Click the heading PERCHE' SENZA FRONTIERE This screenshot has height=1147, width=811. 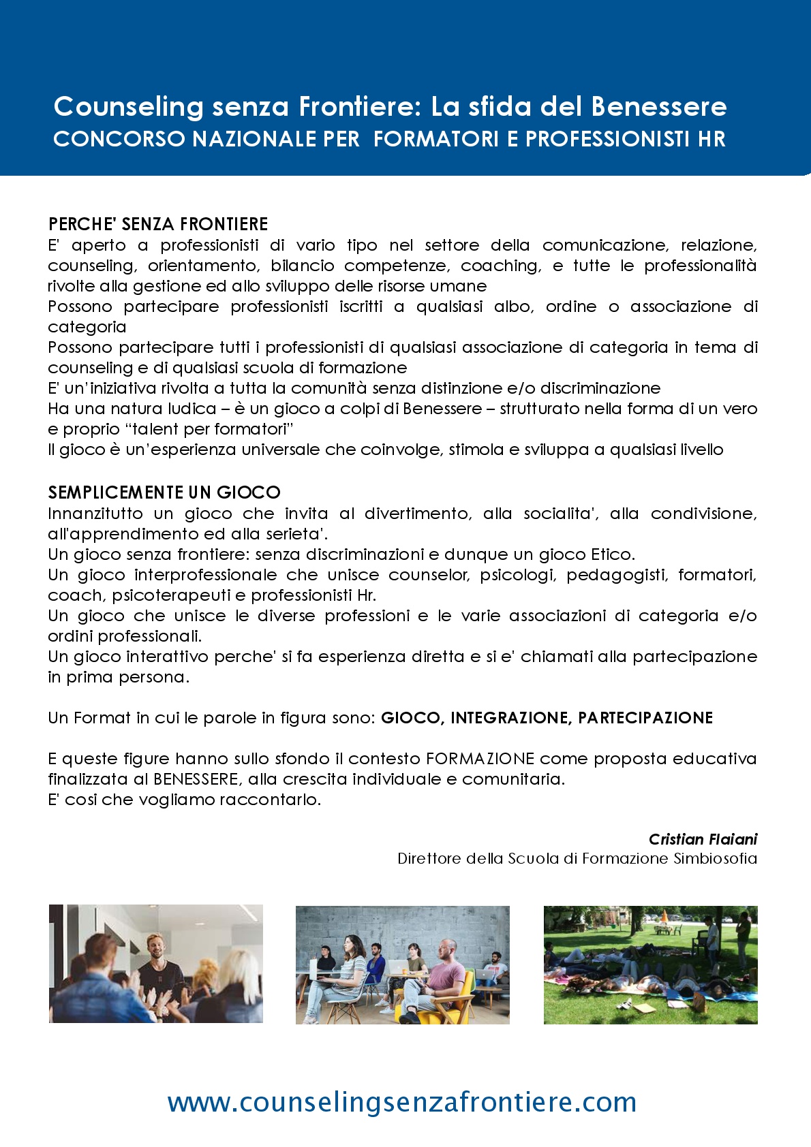pyautogui.click(x=158, y=224)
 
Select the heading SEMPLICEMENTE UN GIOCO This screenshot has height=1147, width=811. pyautogui.click(x=164, y=492)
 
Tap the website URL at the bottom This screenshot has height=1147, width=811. pyautogui.click(x=402, y=1101)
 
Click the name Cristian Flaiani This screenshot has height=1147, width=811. pyautogui.click(x=703, y=839)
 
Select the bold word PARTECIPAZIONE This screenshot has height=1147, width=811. pyautogui.click(x=645, y=718)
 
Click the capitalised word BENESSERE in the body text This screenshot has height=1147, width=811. pyautogui.click(x=196, y=779)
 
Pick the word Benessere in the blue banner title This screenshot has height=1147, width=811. pyautogui.click(x=659, y=106)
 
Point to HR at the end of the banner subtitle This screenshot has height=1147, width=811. pyautogui.click(x=711, y=139)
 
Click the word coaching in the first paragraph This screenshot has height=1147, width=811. pyautogui.click(x=501, y=266)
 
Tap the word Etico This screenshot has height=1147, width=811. pyautogui.click(x=613, y=554)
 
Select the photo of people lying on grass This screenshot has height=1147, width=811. pyautogui.click(x=650, y=964)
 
